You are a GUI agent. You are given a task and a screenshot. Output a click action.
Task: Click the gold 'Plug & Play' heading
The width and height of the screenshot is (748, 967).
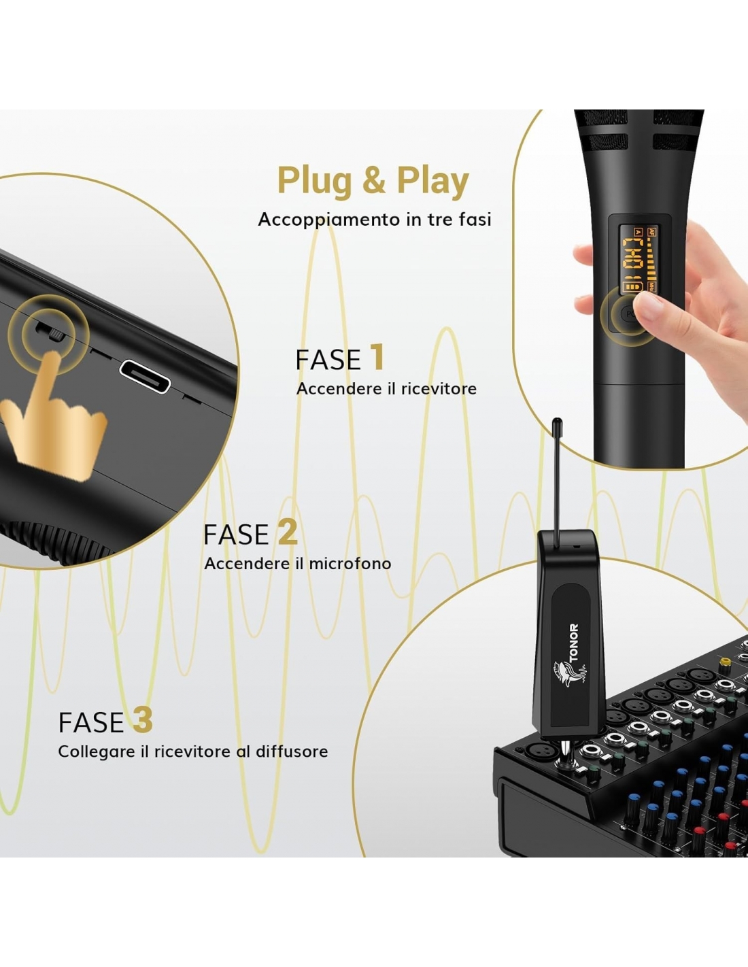(373, 182)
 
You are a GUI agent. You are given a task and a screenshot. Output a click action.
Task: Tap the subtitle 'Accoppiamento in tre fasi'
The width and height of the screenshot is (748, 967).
(375, 220)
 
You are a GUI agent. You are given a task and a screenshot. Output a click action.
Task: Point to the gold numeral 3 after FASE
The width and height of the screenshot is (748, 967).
(143, 720)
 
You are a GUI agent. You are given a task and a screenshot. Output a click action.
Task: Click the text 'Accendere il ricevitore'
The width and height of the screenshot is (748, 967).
(386, 388)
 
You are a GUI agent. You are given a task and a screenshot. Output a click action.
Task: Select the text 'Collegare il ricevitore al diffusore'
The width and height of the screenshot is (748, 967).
(192, 751)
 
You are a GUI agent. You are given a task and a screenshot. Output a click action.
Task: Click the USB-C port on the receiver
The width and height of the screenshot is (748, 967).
(145, 377)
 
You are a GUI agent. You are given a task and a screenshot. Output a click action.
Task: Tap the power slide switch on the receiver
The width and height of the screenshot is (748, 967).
(51, 332)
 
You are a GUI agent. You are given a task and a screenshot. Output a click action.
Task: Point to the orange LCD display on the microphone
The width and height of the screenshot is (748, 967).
(639, 260)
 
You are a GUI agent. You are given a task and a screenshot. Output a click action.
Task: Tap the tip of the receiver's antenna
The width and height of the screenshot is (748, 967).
(556, 420)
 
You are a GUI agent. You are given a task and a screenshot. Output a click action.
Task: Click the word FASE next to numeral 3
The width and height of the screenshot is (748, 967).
(91, 722)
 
